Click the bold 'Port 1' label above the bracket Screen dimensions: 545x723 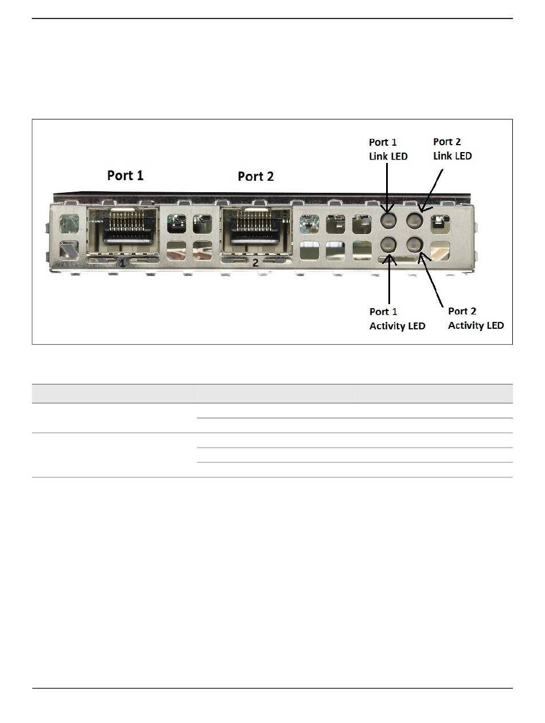125,175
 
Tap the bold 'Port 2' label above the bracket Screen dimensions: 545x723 256,176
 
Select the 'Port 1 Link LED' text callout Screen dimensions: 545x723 388,149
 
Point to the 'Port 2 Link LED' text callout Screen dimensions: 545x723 453,149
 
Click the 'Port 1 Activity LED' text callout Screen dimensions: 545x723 397,318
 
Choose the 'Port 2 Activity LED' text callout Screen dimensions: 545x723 476,318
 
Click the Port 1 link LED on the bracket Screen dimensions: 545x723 388,220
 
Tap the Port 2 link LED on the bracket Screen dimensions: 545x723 415,220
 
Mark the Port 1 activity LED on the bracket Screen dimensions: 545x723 388,245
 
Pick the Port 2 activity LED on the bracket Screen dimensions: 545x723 415,245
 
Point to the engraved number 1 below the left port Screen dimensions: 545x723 122,263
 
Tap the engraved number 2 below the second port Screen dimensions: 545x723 256,263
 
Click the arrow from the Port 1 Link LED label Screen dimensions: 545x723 388,186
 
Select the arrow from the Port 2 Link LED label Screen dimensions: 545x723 433,189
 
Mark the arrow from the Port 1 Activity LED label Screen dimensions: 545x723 390,278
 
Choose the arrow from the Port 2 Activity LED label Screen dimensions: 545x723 431,278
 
